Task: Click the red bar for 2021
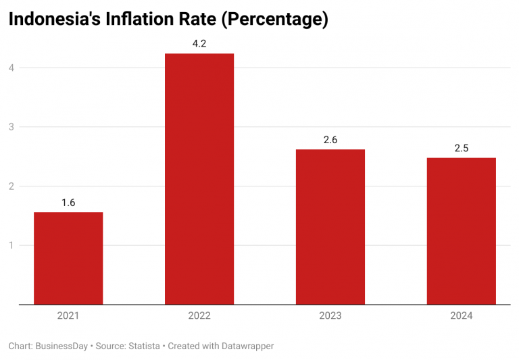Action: pos(68,258)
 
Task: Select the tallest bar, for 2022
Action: pos(199,179)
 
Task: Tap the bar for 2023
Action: pos(330,227)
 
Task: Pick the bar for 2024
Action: pos(462,231)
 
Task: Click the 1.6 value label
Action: pos(68,203)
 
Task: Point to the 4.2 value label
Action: pos(199,44)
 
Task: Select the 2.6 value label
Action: pos(330,140)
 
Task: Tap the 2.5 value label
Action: pos(462,149)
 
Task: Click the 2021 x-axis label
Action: pos(68,315)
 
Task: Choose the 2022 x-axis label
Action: pos(199,315)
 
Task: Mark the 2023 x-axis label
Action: pos(330,315)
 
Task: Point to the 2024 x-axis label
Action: pos(462,315)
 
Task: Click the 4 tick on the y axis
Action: pos(11,68)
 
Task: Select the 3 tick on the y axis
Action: pos(11,127)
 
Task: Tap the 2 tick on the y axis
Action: pos(11,186)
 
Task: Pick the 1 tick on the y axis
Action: pos(11,245)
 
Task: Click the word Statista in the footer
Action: pos(144,346)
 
